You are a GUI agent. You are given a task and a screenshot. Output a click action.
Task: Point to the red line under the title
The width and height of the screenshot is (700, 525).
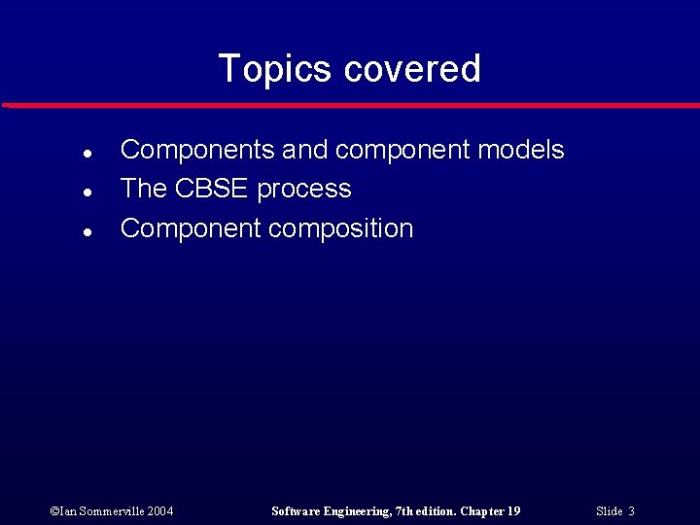pyautogui.click(x=350, y=105)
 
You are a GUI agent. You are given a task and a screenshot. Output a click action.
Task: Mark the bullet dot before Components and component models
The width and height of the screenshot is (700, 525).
pyautogui.click(x=87, y=153)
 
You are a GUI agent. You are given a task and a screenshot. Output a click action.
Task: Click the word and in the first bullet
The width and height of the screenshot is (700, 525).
pyautogui.click(x=304, y=150)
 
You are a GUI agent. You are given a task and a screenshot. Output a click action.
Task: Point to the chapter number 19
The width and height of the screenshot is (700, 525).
pyautogui.click(x=514, y=511)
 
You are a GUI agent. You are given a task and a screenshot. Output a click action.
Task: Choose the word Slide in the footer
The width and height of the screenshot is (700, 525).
pyautogui.click(x=610, y=511)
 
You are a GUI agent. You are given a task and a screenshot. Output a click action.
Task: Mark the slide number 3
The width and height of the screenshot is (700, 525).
pyautogui.click(x=632, y=511)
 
